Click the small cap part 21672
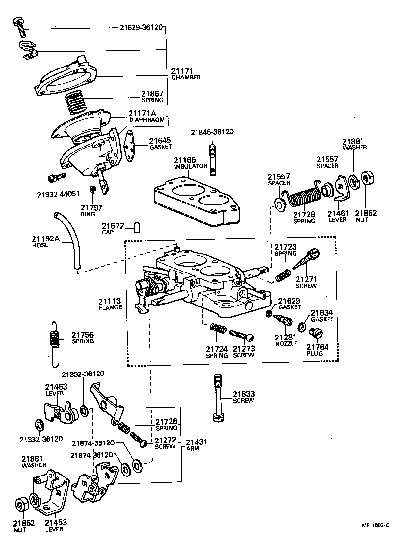(x=137, y=226)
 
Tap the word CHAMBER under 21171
(x=186, y=78)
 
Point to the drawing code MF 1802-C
(x=377, y=526)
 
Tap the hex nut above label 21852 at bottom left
(x=21, y=504)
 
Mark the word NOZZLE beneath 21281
(x=286, y=343)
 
